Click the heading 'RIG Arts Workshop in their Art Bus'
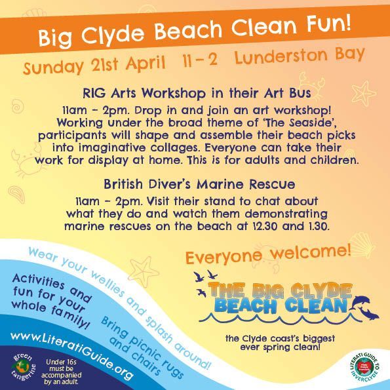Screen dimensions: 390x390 195,92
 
